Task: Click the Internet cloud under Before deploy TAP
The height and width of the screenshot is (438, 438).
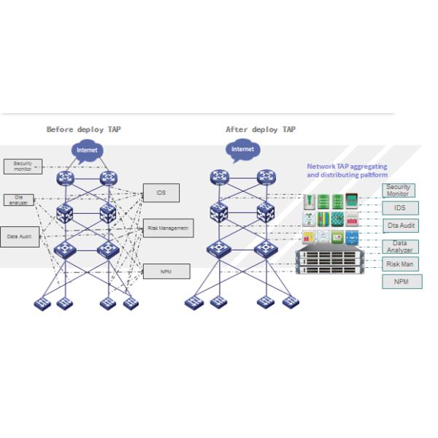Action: pos(87,150)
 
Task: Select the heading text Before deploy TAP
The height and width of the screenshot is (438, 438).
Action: pos(84,129)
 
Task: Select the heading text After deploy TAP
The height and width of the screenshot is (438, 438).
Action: pos(261,129)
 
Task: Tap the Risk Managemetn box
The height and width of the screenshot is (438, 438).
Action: pos(168,228)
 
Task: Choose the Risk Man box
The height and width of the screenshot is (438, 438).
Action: pos(400,264)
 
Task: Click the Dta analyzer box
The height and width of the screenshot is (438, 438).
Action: pos(18,199)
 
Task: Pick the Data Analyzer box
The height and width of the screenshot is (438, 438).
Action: pos(400,246)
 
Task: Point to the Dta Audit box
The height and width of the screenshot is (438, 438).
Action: pos(400,226)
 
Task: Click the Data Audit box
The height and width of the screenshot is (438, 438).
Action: pos(19,237)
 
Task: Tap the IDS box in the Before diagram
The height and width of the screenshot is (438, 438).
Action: pos(161,193)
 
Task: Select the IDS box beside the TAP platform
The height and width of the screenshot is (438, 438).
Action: pos(400,208)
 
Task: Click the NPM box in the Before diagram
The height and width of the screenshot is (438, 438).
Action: pos(166,272)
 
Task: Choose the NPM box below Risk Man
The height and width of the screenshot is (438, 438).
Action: pos(401,282)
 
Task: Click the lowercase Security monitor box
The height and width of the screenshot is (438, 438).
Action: pos(23,166)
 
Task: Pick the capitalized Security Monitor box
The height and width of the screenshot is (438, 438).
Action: pos(398,191)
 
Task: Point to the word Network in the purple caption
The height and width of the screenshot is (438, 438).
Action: pos(321,166)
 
